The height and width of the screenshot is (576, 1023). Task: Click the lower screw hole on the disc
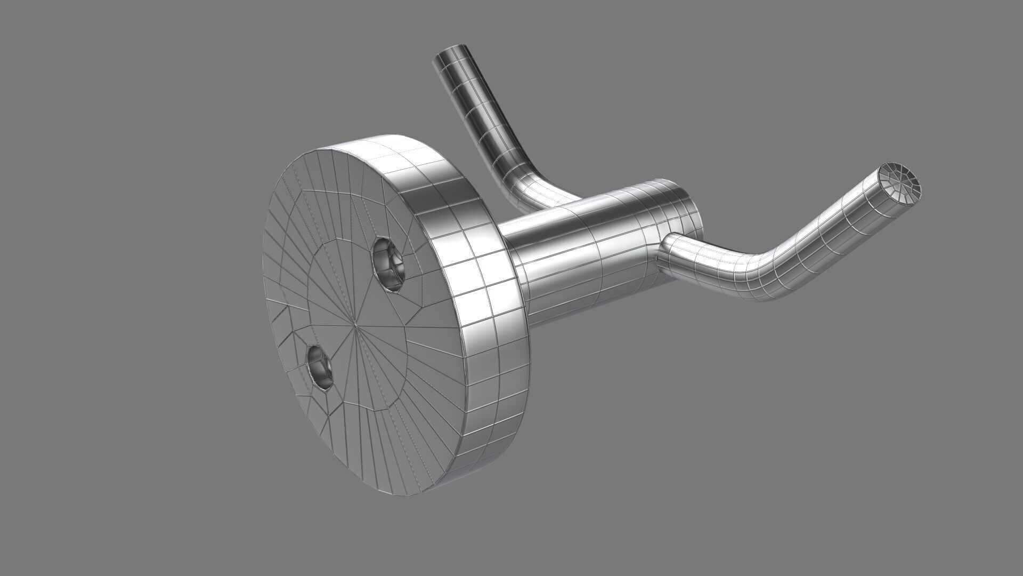point(320,366)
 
